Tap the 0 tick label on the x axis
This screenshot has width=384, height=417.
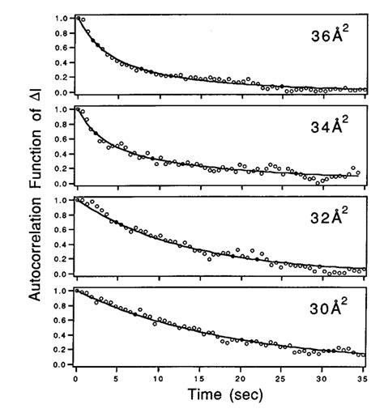[x=75, y=377]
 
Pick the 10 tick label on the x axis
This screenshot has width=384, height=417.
[x=158, y=377]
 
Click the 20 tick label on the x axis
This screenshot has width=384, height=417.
[x=241, y=377]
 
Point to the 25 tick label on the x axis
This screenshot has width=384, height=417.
[x=282, y=377]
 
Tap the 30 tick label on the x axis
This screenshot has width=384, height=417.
[x=323, y=377]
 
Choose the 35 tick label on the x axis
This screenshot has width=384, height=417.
[x=364, y=377]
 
